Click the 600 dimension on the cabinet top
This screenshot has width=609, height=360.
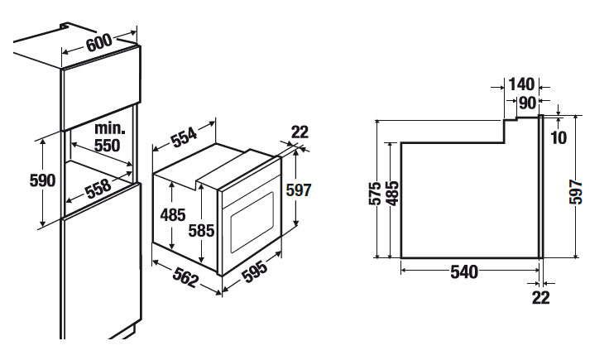click(99, 42)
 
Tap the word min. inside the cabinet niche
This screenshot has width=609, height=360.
click(110, 128)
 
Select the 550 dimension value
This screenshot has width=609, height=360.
click(108, 146)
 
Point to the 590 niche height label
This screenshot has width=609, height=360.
click(42, 180)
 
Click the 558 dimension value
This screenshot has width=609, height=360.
click(98, 190)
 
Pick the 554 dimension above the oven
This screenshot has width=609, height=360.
click(184, 137)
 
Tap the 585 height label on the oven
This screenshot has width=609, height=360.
click(201, 231)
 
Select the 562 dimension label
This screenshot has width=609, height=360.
click(185, 277)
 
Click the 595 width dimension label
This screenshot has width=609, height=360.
click(254, 271)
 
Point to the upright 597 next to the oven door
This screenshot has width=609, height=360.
click(299, 190)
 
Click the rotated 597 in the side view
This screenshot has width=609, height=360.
click(576, 192)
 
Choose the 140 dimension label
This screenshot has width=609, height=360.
click(521, 84)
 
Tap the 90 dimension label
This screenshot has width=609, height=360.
click(527, 103)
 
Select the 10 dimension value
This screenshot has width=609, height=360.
click(559, 137)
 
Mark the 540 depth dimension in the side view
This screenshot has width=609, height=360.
click(464, 271)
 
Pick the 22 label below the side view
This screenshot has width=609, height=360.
click(541, 298)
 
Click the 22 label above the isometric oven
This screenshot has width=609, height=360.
click(300, 132)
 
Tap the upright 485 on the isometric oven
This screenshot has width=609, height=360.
click(173, 214)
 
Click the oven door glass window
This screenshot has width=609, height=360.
click(252, 222)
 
